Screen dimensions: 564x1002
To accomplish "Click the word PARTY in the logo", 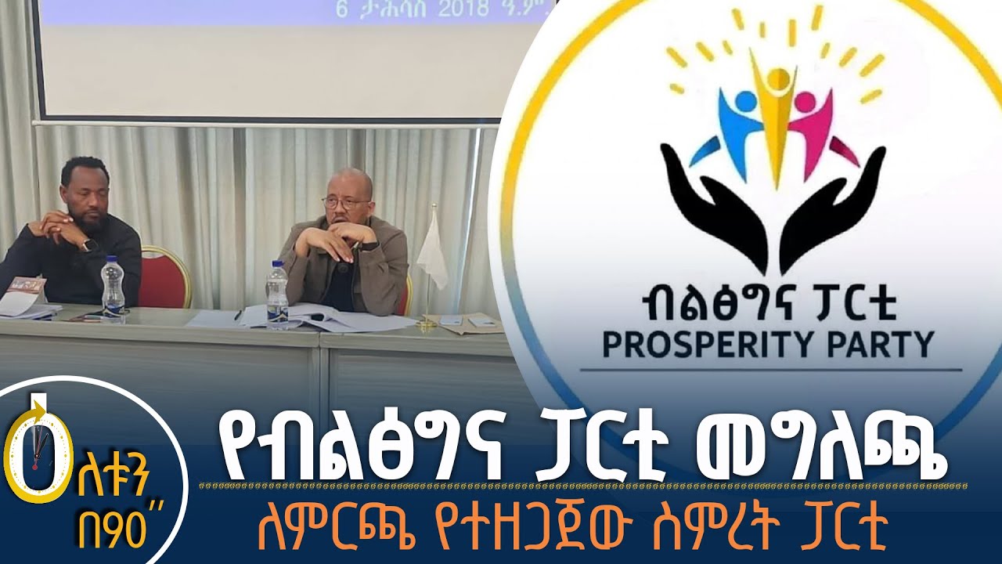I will (x=887, y=345).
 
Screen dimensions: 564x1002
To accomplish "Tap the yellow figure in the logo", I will (x=776, y=110).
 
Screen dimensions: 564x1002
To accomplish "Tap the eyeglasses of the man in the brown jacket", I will (x=345, y=203).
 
